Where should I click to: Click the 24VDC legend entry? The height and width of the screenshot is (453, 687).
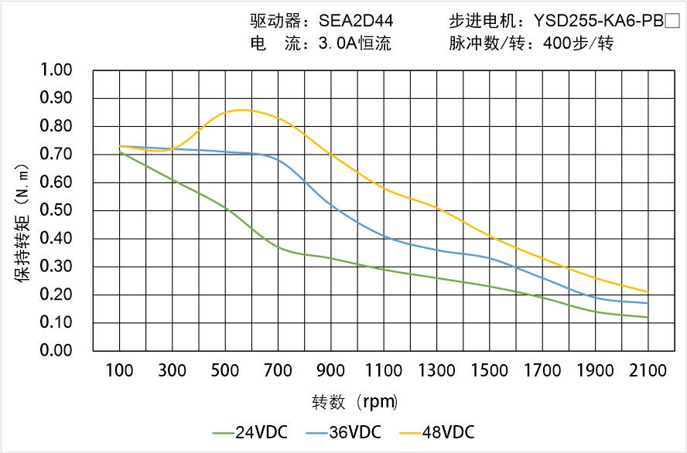249,431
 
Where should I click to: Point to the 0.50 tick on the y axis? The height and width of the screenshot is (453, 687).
56,210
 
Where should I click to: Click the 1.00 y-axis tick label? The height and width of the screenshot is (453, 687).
56,70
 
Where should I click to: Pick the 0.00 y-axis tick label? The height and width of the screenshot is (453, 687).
56,350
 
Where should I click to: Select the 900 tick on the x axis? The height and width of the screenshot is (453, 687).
331,371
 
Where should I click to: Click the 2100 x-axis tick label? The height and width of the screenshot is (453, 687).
648,371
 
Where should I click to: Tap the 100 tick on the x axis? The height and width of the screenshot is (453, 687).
119,371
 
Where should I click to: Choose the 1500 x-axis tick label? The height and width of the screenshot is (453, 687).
490,371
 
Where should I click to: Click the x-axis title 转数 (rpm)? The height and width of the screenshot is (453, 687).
355,402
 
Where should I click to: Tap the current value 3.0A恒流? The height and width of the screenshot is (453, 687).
355,43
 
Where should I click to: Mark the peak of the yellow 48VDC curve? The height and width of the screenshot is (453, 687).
241,110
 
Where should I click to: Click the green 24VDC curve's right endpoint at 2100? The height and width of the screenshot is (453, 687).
648,317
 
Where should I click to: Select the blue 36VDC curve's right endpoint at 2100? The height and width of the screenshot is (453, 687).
648,303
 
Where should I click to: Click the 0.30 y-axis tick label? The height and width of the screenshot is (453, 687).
56,267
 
